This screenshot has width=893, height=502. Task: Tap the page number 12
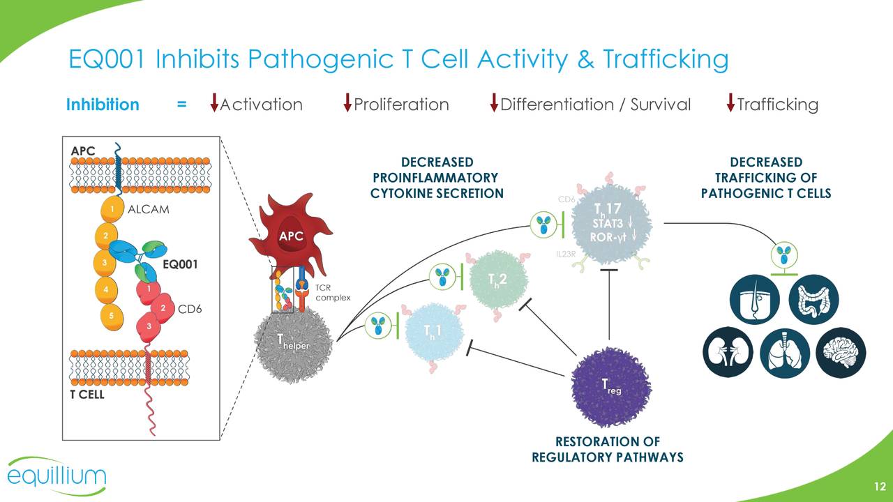click(879, 487)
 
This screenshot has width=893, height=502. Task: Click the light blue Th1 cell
click(433, 333)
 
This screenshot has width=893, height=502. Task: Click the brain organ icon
click(840, 353)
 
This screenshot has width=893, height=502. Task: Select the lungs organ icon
click(784, 353)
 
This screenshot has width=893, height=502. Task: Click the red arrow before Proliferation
click(347, 103)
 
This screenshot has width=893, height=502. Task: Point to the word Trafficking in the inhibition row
click(777, 105)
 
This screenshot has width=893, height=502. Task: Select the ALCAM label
click(149, 209)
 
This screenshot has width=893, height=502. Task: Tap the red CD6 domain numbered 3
click(149, 326)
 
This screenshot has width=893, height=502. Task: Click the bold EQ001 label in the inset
click(180, 265)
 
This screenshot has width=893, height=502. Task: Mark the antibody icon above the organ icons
click(785, 253)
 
